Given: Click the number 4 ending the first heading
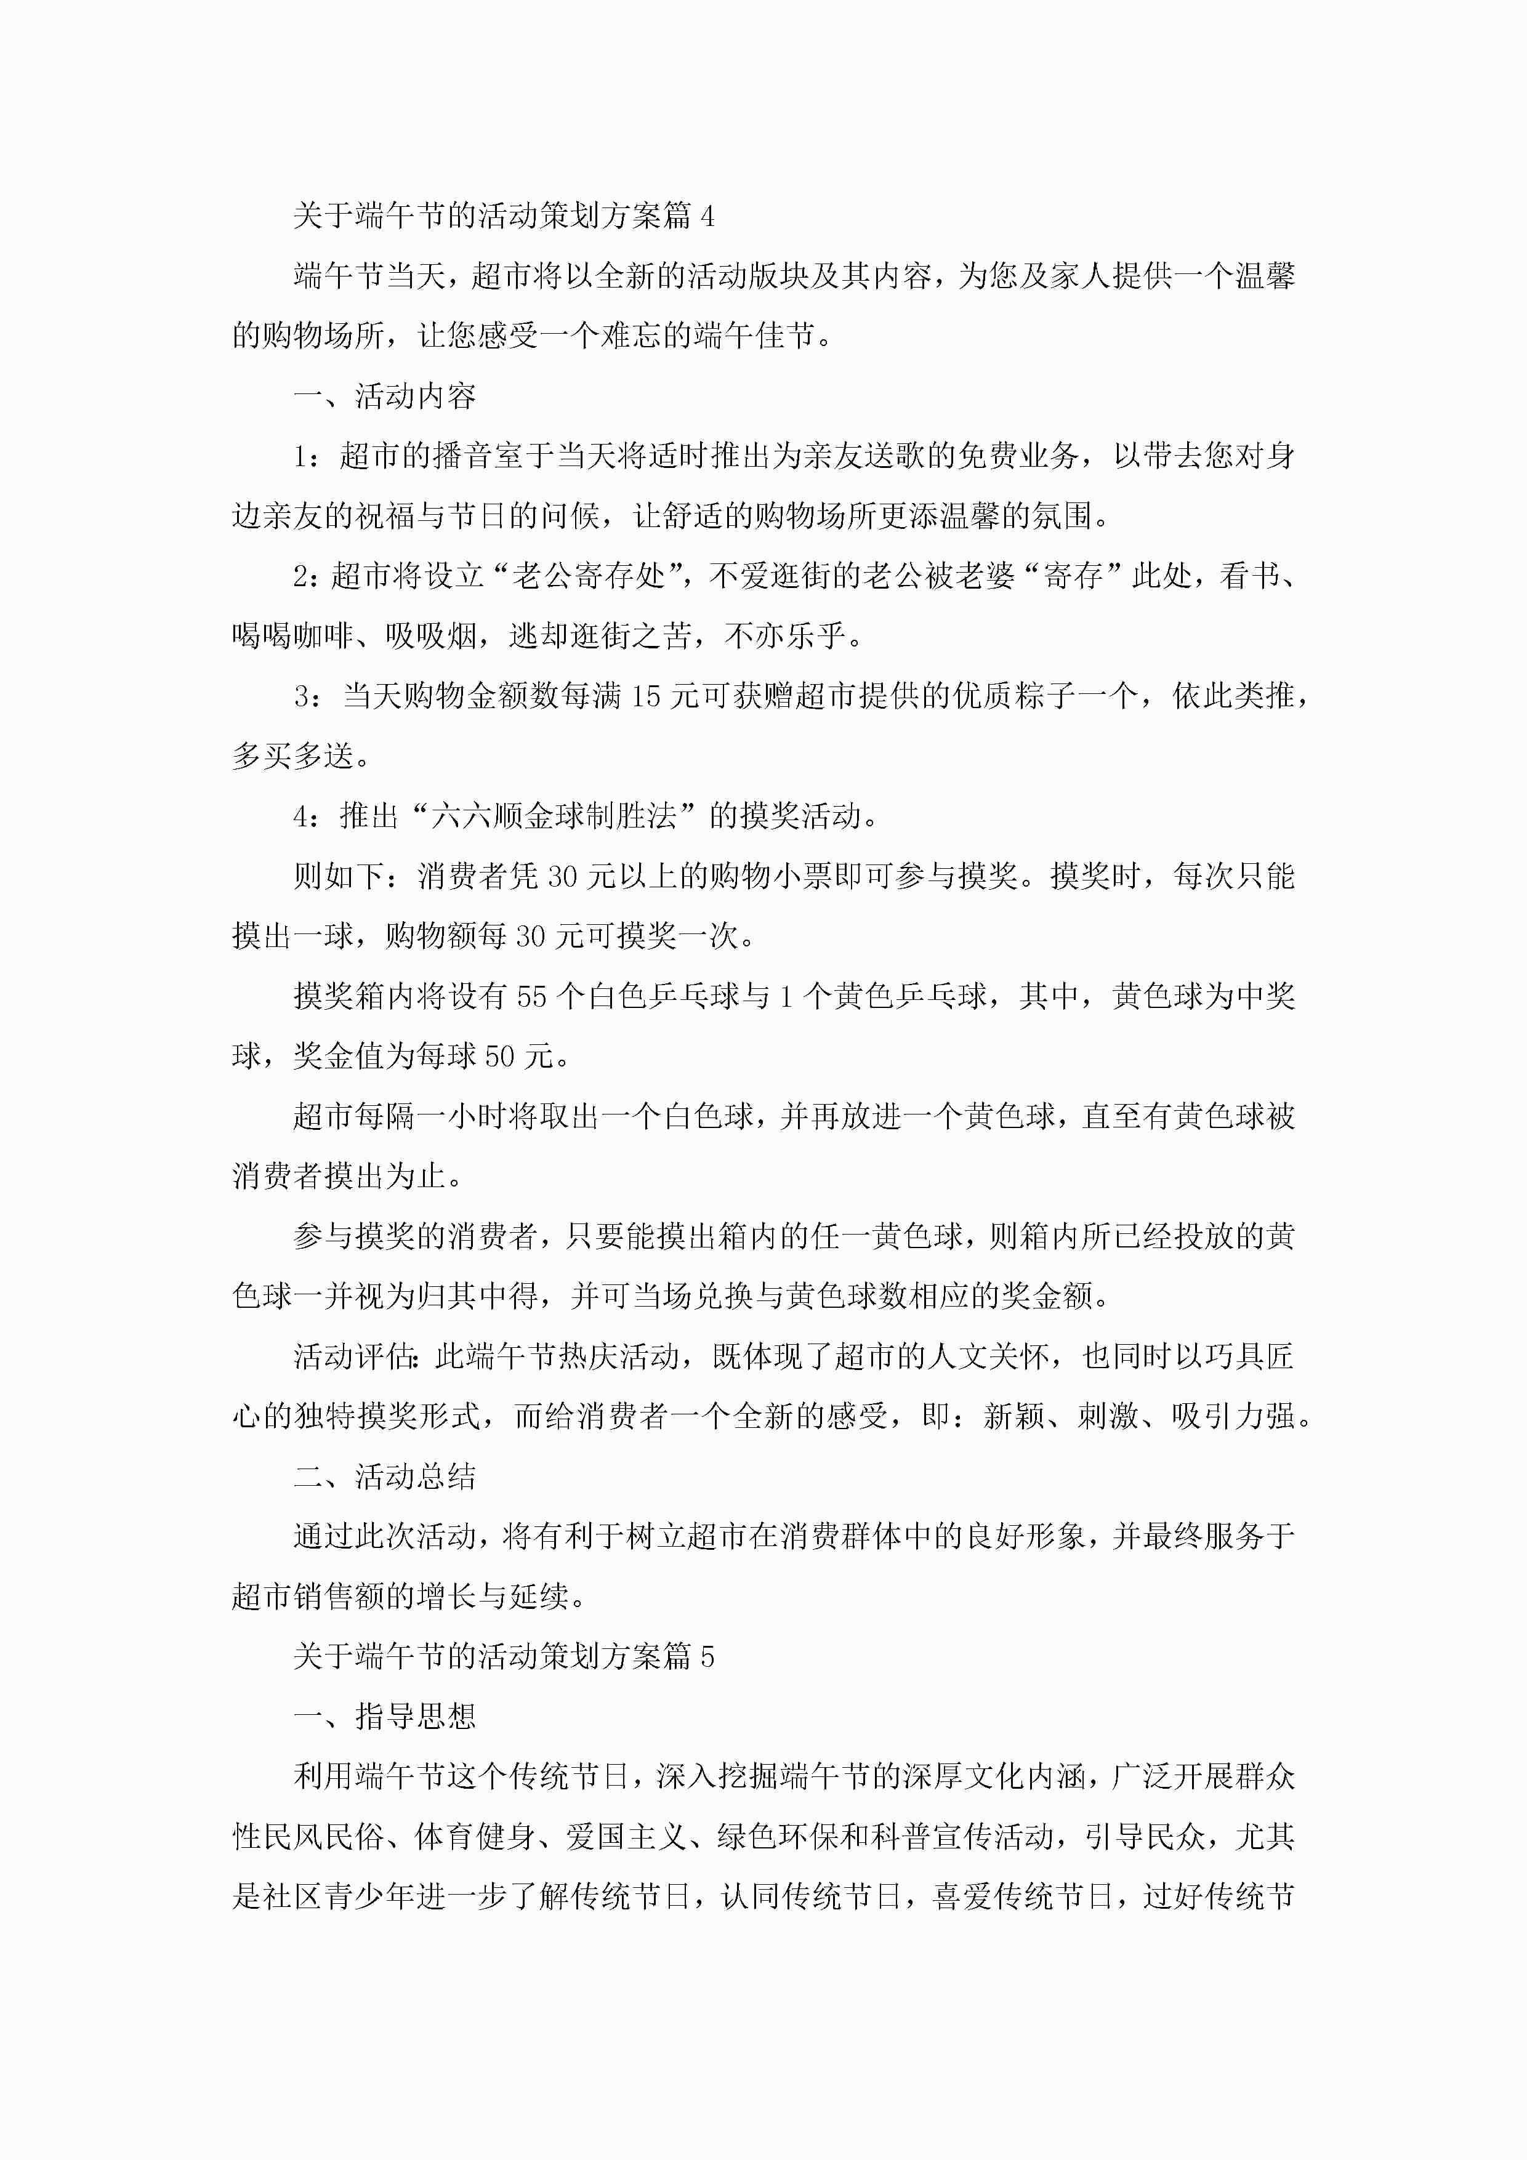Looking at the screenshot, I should point(707,217).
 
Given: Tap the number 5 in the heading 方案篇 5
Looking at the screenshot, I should point(707,1657).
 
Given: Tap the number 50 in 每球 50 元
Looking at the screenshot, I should point(499,1057).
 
